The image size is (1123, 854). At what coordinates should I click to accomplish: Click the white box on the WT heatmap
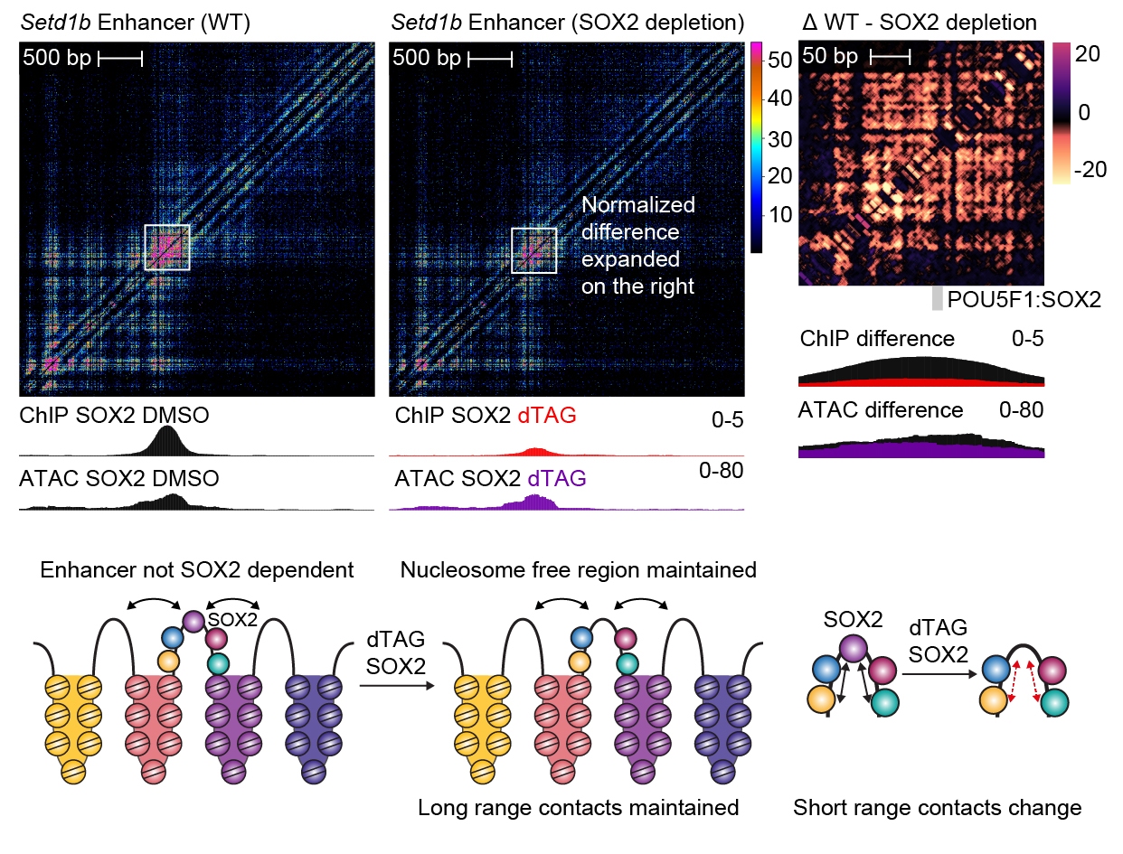click(167, 247)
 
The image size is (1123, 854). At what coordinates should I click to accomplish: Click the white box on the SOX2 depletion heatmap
click(533, 249)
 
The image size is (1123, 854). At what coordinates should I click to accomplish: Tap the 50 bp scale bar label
click(831, 56)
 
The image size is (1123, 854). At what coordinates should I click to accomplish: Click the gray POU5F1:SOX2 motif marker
click(938, 299)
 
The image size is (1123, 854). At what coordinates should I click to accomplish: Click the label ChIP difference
click(877, 339)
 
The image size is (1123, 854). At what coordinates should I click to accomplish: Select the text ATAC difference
click(881, 410)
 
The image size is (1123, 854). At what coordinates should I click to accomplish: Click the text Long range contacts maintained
click(579, 807)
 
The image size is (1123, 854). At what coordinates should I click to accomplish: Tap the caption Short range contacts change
click(937, 807)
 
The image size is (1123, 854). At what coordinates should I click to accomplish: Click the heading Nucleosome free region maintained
click(578, 570)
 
